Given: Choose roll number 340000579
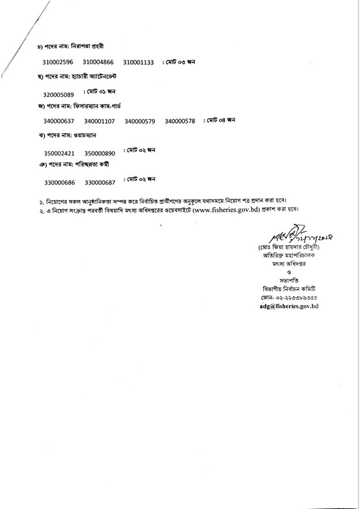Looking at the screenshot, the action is tap(141, 121).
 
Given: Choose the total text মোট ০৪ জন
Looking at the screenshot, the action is tap(220, 119).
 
